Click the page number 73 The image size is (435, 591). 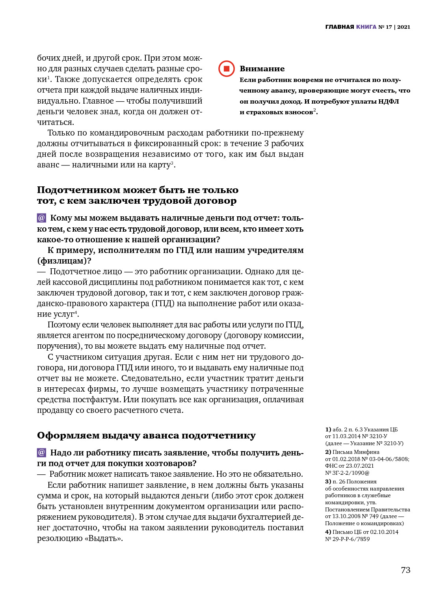(405, 570)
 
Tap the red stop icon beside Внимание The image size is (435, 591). (227, 69)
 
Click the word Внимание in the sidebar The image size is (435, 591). (262, 69)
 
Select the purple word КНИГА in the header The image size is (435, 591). (366, 27)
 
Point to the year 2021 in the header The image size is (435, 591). (403, 27)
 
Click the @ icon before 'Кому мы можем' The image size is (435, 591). (42, 218)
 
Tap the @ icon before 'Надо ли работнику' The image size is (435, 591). (42, 453)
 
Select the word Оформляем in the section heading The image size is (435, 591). (68, 436)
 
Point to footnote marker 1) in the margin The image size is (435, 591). (328, 429)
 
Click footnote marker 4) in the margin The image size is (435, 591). (328, 532)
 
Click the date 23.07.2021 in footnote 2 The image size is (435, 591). (360, 466)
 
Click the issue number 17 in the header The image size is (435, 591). (389, 27)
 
